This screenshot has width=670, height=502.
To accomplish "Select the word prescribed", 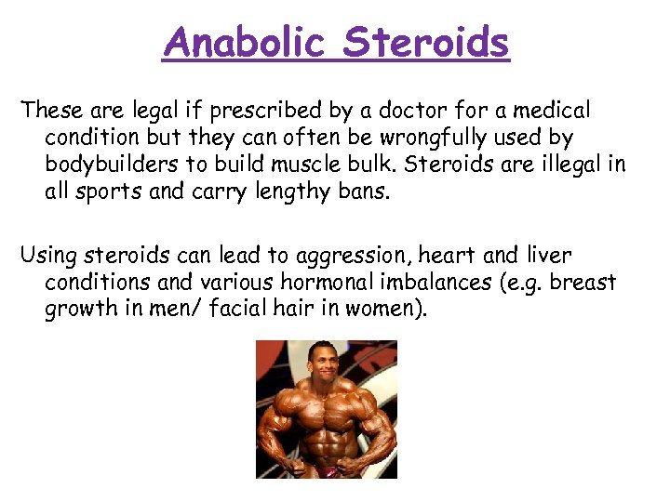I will [261, 112].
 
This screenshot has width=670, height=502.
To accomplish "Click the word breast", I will [583, 282].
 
